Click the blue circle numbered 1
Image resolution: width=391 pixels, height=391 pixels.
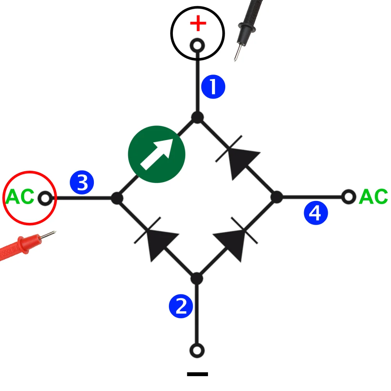(213, 87)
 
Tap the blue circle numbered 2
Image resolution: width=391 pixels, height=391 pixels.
(181, 306)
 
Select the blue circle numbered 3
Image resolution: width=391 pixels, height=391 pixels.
(82, 183)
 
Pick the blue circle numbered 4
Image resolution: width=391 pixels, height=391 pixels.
(316, 213)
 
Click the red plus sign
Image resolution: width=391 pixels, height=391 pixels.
(198, 24)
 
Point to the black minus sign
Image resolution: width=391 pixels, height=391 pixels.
(197, 374)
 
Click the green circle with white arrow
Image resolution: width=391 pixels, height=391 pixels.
(156, 154)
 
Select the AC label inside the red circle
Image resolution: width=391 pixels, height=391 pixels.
(20, 197)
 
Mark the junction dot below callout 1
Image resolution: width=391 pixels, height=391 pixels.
(197, 117)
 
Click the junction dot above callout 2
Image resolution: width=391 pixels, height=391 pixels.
(197, 279)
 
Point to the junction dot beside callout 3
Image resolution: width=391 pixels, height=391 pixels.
(117, 198)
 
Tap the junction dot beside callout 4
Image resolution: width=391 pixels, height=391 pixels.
(277, 197)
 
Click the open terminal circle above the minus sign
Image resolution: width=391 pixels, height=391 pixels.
(197, 350)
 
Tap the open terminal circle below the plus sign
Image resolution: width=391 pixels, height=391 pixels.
(197, 46)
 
